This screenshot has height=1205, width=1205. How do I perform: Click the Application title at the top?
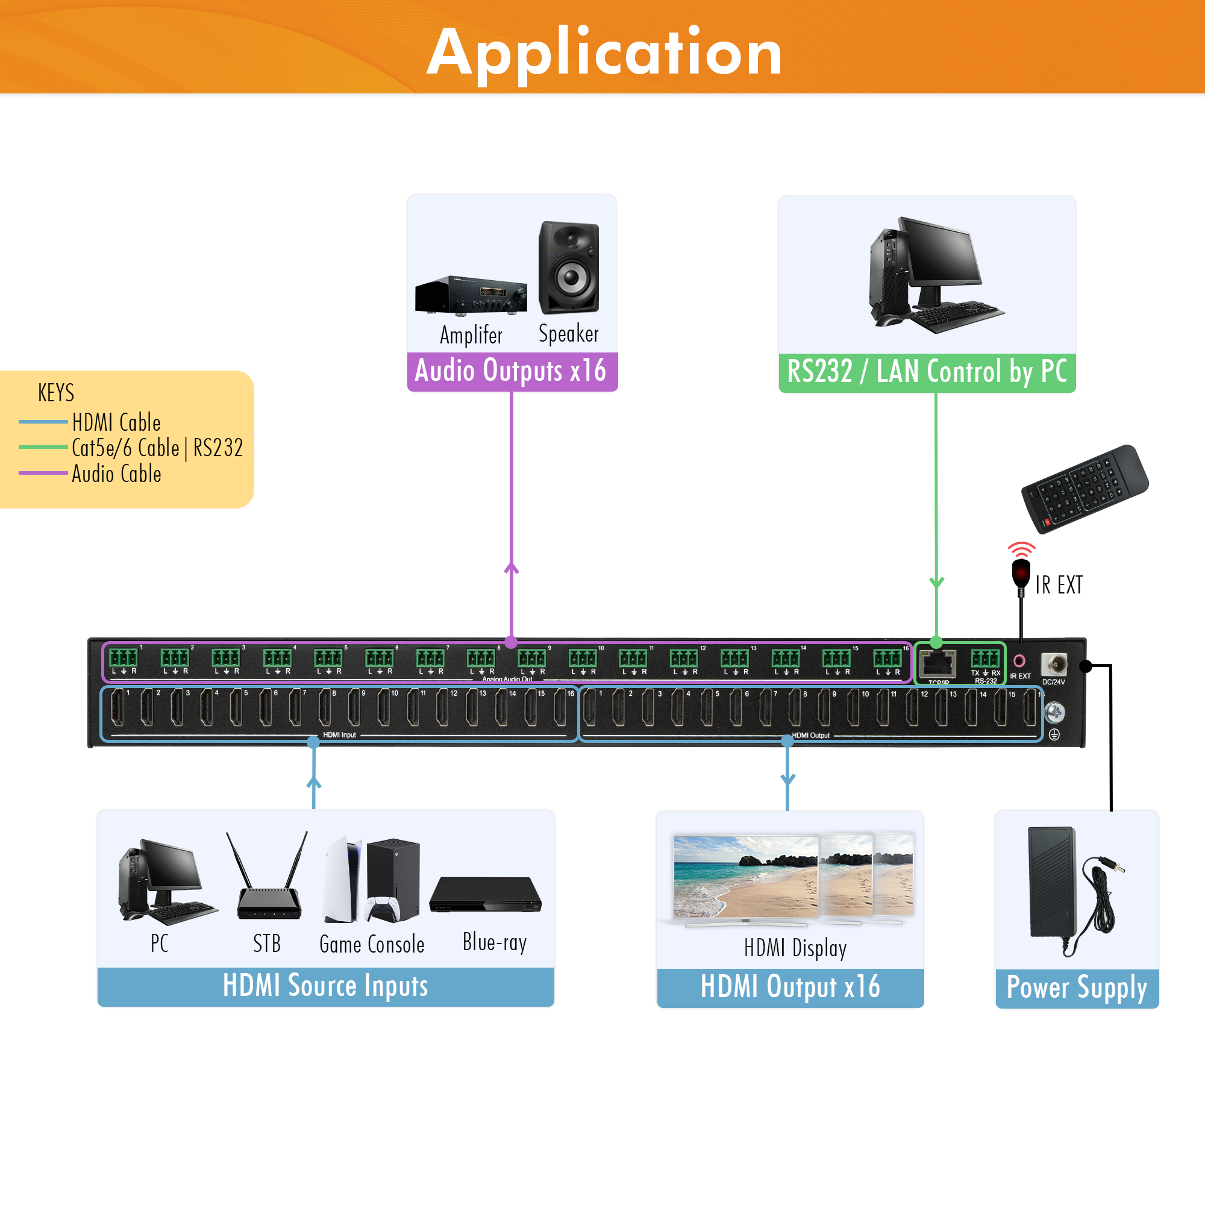pos(604,53)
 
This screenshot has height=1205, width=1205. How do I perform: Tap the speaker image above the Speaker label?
pos(569,268)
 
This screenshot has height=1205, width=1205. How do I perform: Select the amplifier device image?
pos(471,296)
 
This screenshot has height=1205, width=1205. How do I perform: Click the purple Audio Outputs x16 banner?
pos(512,371)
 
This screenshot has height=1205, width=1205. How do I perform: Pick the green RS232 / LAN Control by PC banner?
pos(927,372)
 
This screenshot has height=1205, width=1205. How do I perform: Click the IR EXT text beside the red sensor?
pos(1059,585)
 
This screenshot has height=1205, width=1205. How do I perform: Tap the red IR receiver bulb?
pos(1021,571)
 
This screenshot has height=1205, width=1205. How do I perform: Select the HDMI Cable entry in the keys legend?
pos(116,423)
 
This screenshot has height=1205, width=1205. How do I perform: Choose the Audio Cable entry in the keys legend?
pos(116,474)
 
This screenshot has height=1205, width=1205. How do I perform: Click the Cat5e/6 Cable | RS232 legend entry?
pos(157,448)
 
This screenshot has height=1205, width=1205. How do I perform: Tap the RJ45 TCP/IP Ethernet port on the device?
pos(937,664)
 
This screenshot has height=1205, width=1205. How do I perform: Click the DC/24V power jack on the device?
pos(1053,664)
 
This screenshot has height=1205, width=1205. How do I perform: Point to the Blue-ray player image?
pos(485,895)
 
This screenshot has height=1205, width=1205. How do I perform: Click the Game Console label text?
pos(372,944)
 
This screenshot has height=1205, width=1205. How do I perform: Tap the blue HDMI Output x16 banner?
pos(790,987)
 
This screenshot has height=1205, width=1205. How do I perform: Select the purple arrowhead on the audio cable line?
pos(512,568)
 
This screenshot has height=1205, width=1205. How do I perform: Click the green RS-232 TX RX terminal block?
pos(985,658)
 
